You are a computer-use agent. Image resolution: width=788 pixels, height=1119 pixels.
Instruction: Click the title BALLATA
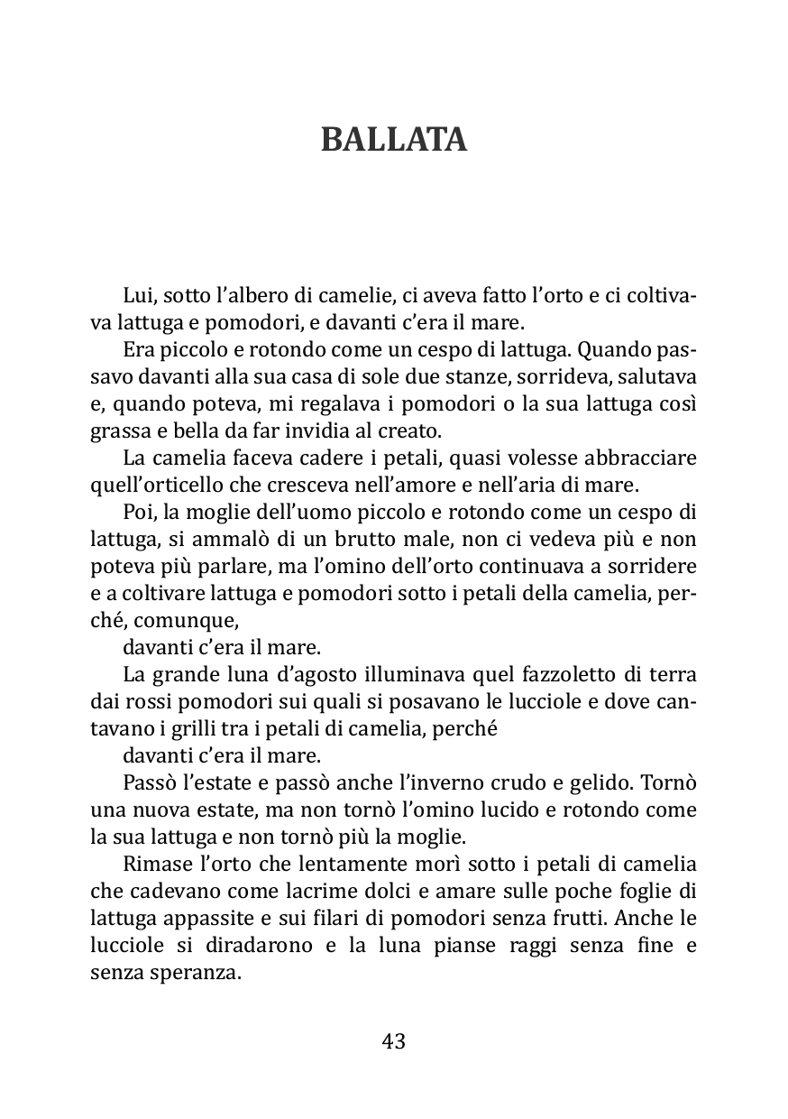tap(394, 140)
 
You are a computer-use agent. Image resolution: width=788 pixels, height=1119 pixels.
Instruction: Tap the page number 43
tap(394, 1040)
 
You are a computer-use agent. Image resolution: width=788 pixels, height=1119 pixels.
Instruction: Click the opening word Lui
tap(135, 297)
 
